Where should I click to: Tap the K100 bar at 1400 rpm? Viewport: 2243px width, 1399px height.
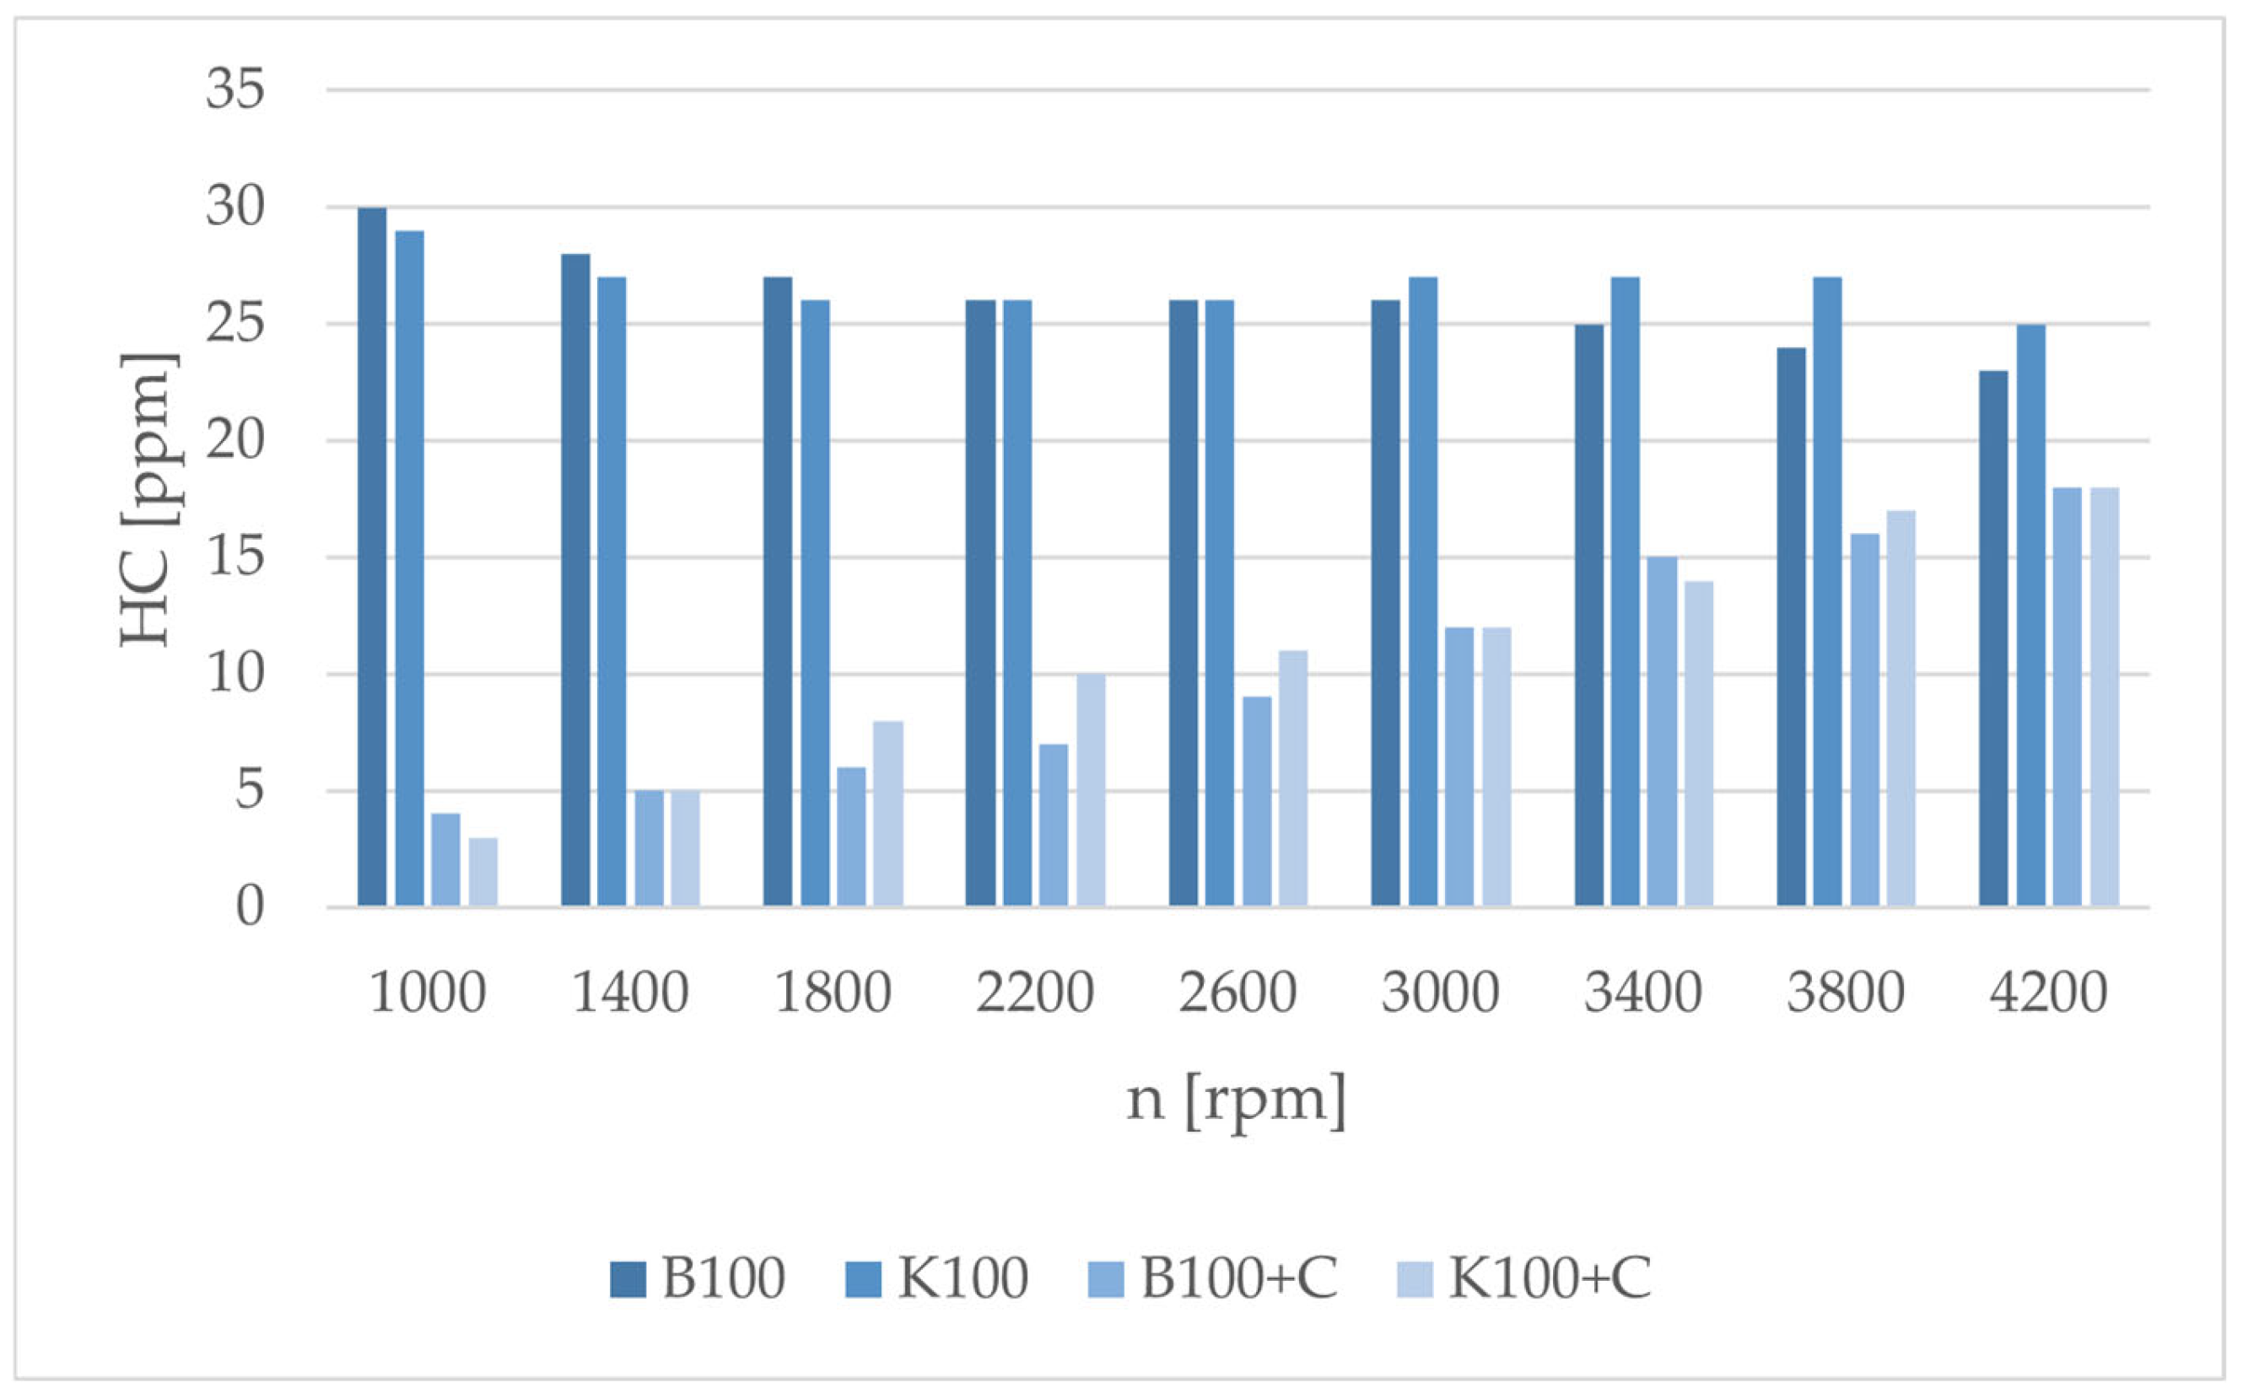pos(612,591)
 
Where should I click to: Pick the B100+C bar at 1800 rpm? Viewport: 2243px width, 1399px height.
pos(851,837)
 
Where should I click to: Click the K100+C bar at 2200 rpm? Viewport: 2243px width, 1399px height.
pos(1091,790)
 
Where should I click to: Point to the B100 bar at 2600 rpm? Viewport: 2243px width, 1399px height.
pos(1183,603)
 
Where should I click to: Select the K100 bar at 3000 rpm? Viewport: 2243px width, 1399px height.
pos(1423,591)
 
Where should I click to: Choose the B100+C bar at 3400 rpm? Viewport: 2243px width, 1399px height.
pos(1662,731)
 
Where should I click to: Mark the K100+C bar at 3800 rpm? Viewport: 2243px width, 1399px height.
pos(1901,708)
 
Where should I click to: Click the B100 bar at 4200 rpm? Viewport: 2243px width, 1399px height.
pos(1994,638)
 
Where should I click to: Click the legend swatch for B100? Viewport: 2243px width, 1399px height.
pos(628,1279)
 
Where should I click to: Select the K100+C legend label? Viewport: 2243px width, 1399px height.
pos(1550,1278)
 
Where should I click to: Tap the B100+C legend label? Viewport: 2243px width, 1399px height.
pos(1239,1278)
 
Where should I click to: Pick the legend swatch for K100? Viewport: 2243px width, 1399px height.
pos(862,1279)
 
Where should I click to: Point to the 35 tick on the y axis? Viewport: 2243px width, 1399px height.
pos(235,89)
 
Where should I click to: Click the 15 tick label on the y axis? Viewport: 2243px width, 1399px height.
pos(235,558)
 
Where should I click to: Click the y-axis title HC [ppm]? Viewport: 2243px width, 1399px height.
pos(148,498)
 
